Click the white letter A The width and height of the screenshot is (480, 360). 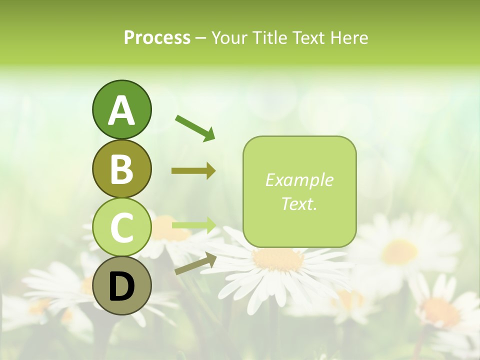click(121, 110)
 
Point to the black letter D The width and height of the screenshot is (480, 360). click(121, 286)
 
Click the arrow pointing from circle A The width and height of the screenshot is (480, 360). click(195, 127)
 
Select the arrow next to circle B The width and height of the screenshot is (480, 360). click(193, 171)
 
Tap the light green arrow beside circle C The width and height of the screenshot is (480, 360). click(193, 225)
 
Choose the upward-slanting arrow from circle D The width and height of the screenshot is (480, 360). click(195, 263)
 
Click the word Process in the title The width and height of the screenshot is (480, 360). click(157, 37)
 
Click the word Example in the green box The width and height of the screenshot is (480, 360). click(299, 180)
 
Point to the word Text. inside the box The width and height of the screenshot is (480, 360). click(299, 203)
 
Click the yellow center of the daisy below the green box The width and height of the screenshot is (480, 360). click(278, 259)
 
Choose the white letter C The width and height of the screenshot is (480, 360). click(121, 227)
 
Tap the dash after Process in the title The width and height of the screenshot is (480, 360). click(201, 38)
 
